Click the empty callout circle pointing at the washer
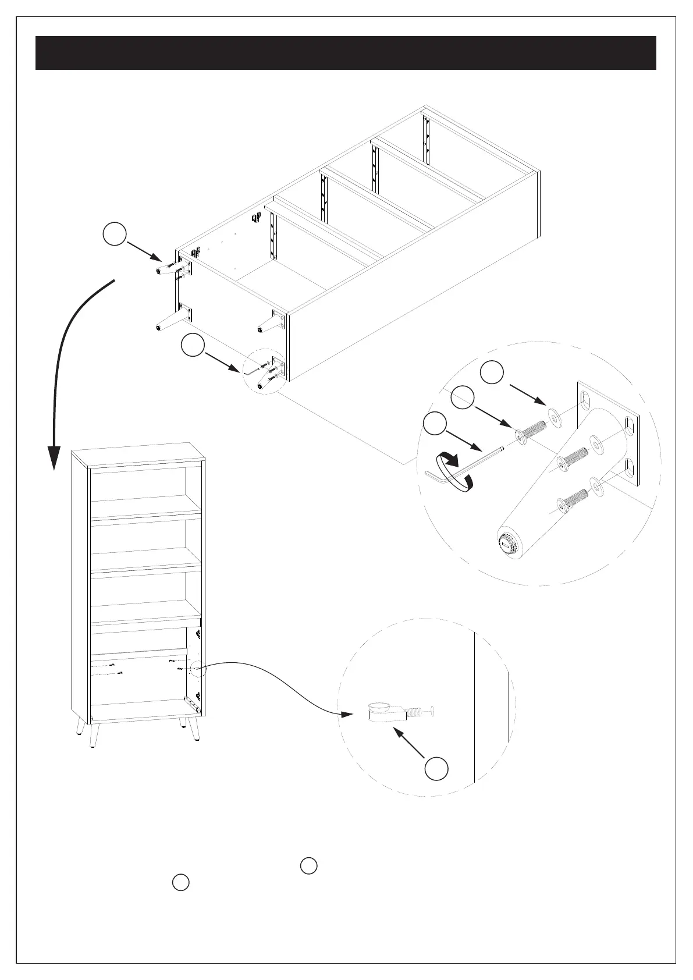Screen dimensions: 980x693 [492, 372]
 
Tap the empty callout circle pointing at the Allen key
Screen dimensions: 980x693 [434, 423]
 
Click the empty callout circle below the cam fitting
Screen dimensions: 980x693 [436, 769]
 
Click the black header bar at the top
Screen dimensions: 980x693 [346, 53]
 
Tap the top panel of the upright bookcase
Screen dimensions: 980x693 [138, 455]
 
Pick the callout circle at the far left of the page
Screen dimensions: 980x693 [115, 234]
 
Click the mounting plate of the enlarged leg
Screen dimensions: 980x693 [608, 434]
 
